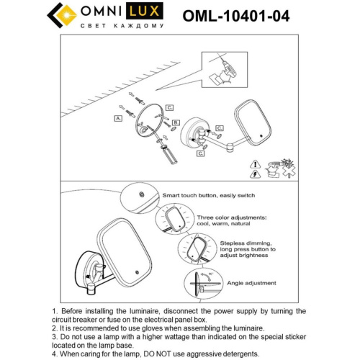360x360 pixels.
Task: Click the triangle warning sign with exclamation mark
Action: [x=257, y=174]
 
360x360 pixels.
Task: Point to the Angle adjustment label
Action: [x=243, y=283]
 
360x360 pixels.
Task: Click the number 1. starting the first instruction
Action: [x=55, y=310]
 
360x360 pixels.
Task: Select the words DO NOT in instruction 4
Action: [x=170, y=354]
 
